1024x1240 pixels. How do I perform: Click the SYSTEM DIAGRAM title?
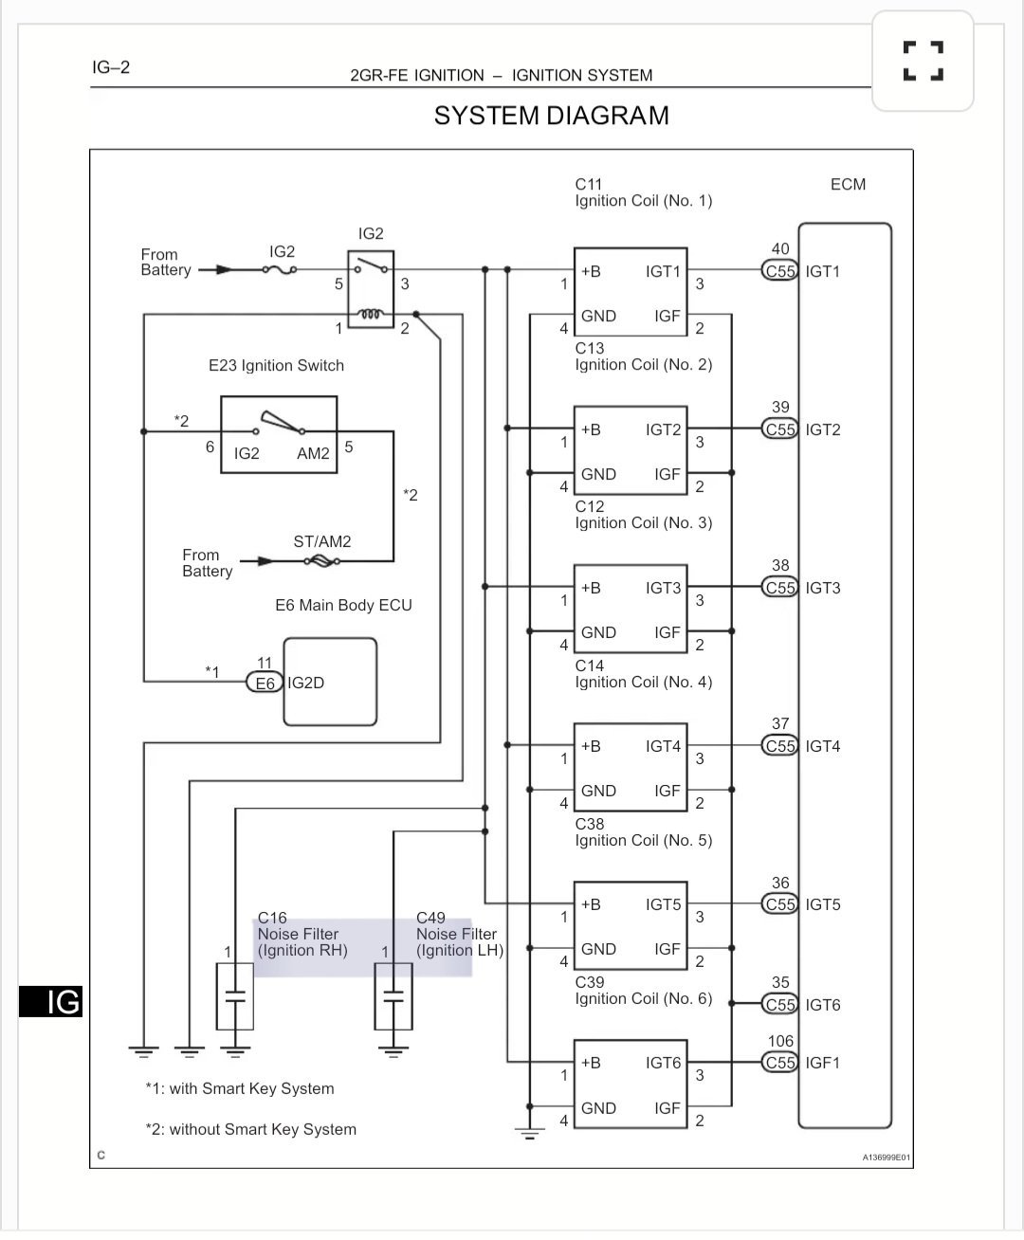(551, 116)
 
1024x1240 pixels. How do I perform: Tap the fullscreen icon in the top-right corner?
(923, 61)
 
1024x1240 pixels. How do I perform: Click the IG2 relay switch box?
(371, 289)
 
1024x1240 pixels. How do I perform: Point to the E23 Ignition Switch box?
(279, 435)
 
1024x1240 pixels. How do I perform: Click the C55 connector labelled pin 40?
(780, 271)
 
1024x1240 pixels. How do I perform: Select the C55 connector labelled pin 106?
(780, 1063)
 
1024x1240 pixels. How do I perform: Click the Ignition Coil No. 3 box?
(630, 608)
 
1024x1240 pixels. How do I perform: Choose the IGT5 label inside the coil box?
(663, 904)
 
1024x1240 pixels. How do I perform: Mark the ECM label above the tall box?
(848, 184)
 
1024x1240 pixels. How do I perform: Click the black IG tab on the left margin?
(51, 1001)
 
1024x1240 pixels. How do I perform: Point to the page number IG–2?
(111, 67)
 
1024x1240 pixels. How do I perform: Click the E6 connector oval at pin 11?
(265, 683)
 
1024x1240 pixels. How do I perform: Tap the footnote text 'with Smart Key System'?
(251, 1088)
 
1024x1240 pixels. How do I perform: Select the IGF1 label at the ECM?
(823, 1063)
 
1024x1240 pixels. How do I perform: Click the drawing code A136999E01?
(886, 1158)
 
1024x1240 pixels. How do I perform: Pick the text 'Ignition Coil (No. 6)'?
(643, 998)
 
